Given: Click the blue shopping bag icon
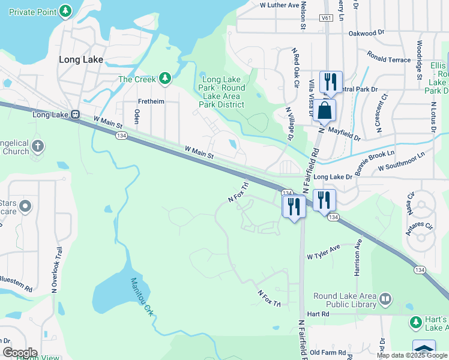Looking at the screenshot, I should point(324,111).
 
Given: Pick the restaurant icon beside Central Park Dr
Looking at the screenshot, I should point(330,82).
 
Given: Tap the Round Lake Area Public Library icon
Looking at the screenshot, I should point(385,298).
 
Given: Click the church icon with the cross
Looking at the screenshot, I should point(37,146).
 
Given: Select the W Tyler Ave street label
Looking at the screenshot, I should point(324,252).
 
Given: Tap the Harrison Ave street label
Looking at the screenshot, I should point(357,257).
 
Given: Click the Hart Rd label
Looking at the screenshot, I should point(318,314).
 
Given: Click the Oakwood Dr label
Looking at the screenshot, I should point(366,32).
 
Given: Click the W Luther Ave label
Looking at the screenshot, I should point(279,5).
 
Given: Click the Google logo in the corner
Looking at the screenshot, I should point(19,353).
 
